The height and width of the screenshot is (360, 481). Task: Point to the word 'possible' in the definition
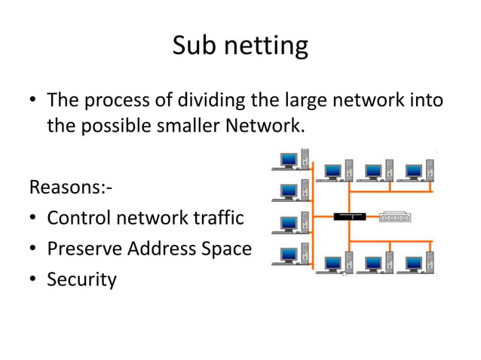click(x=113, y=125)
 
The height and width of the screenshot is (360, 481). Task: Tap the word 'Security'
click(x=81, y=280)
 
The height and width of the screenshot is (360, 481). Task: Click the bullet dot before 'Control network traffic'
click(x=34, y=219)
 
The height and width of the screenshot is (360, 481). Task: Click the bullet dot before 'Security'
click(x=34, y=281)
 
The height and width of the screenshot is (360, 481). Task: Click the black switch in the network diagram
click(x=349, y=216)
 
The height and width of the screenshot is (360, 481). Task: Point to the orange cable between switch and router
click(x=372, y=216)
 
